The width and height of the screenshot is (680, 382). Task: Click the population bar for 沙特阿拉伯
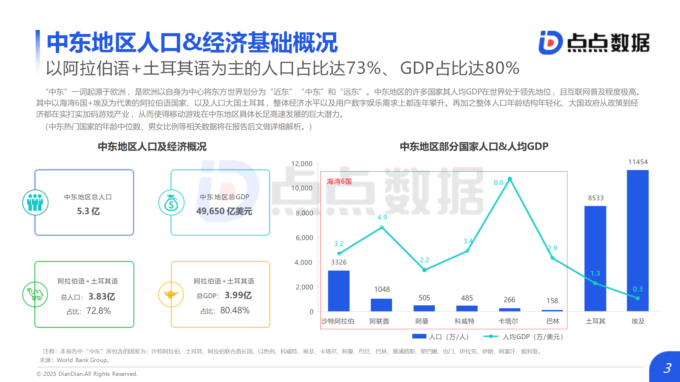pyautogui.click(x=339, y=291)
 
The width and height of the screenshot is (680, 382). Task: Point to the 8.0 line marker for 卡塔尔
pyautogui.click(x=510, y=179)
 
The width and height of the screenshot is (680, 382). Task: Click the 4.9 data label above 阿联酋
pyautogui.click(x=382, y=217)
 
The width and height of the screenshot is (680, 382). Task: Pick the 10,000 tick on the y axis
pyautogui.click(x=302, y=188)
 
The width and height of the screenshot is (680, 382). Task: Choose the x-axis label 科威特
pyautogui.click(x=464, y=321)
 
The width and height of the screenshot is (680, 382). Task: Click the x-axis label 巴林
pyautogui.click(x=553, y=321)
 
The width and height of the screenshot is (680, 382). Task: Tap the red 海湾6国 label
pyautogui.click(x=339, y=181)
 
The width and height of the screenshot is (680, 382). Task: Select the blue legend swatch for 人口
pyautogui.click(x=419, y=336)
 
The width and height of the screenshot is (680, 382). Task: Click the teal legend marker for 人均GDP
pyautogui.click(x=491, y=336)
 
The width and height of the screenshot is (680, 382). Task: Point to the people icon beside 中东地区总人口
pyautogui.click(x=35, y=202)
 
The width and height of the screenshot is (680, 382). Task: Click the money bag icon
pyautogui.click(x=171, y=203)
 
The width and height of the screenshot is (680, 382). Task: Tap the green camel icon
pyautogui.click(x=35, y=294)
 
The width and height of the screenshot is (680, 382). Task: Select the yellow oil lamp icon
pyautogui.click(x=171, y=294)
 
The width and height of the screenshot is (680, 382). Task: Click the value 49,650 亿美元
pyautogui.click(x=224, y=211)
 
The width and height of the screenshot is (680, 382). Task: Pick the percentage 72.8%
pyautogui.click(x=99, y=311)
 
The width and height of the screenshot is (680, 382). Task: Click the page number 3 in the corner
pyautogui.click(x=667, y=368)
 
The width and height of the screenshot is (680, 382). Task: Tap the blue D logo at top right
pyautogui.click(x=550, y=43)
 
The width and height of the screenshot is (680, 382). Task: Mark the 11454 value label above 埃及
pyautogui.click(x=638, y=162)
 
